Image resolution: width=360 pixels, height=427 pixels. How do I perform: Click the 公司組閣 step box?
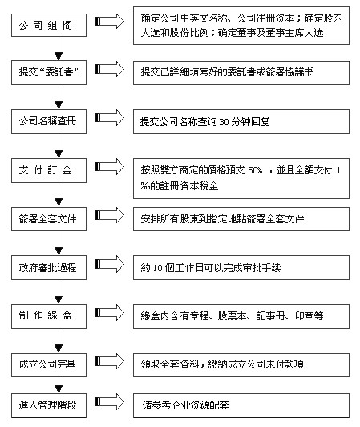(x=49, y=26)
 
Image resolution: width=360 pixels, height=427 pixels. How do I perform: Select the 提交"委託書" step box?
(x=49, y=72)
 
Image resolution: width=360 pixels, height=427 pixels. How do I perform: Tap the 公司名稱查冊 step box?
(x=49, y=121)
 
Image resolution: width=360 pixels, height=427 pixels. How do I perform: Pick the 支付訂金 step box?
(x=49, y=170)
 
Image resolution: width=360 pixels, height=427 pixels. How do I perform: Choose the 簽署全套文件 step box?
(x=49, y=219)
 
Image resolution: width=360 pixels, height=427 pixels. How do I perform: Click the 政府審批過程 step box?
(x=49, y=268)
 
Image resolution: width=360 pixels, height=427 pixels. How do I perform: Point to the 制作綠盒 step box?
(x=49, y=316)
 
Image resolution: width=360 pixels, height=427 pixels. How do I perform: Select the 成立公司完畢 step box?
(x=49, y=365)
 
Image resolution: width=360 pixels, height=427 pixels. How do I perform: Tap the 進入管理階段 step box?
(x=49, y=405)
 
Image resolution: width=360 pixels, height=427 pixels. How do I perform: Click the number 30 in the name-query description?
(x=224, y=122)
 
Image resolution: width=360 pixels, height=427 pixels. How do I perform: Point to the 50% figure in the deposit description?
(x=255, y=170)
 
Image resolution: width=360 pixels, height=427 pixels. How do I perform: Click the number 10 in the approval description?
(x=158, y=268)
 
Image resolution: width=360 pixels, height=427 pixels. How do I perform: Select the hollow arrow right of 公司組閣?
(x=110, y=21)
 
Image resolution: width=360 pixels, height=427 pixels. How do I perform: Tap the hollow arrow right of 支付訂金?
(x=110, y=166)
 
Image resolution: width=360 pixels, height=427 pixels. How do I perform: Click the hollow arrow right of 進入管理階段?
(x=110, y=401)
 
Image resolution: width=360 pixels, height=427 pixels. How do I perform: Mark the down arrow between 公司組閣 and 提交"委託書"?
(x=59, y=49)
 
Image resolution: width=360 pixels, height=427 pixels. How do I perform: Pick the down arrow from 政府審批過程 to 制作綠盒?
(x=59, y=292)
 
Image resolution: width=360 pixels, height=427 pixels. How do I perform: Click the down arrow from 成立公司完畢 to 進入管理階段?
(x=59, y=385)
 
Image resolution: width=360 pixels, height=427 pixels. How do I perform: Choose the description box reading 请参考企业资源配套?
(x=241, y=405)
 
